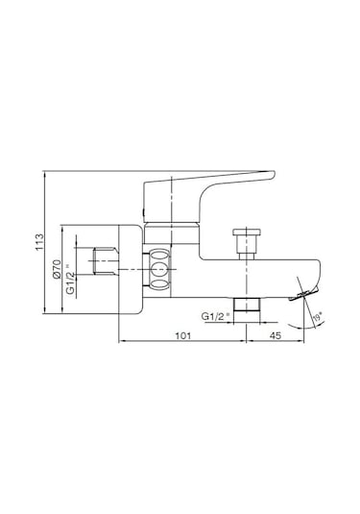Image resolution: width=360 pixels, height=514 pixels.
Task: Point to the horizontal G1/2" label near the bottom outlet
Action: coord(217,314)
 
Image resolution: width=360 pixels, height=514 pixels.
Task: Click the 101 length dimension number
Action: coord(182,335)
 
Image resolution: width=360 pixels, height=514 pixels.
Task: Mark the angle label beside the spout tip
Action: coord(318,314)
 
